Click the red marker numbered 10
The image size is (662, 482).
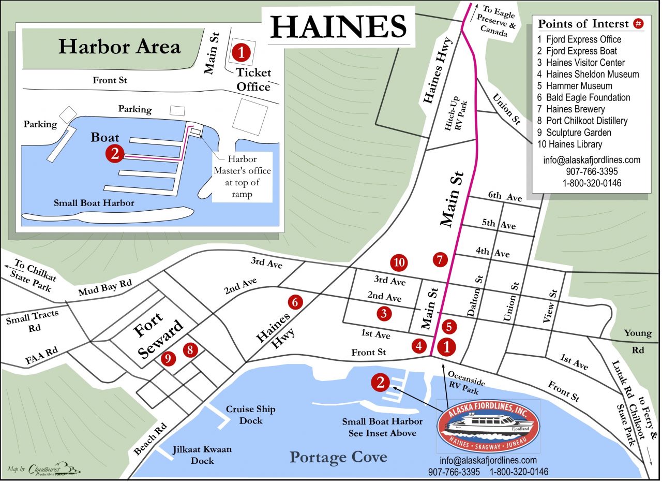[399, 262]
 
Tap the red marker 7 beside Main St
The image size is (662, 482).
[440, 260]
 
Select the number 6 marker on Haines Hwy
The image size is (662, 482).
[295, 302]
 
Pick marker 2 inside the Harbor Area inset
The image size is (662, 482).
[114, 153]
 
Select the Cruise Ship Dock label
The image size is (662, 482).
[250, 415]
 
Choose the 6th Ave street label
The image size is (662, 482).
[504, 197]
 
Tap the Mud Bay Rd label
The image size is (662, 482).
[106, 288]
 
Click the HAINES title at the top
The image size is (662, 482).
[339, 26]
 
